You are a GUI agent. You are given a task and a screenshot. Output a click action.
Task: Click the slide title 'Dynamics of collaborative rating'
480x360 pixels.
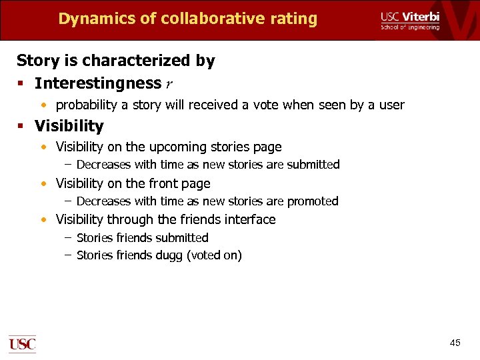click(187, 19)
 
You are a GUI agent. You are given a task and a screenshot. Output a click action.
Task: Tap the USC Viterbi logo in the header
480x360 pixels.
click(410, 20)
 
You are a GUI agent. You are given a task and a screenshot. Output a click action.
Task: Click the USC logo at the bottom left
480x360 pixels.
click(22, 343)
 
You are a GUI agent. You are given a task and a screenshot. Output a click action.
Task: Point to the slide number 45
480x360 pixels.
click(455, 343)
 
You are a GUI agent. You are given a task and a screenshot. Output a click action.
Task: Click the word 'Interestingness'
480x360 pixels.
click(98, 83)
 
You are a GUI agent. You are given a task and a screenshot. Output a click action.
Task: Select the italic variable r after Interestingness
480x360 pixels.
click(169, 84)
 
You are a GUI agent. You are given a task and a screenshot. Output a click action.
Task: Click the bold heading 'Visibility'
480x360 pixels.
click(69, 126)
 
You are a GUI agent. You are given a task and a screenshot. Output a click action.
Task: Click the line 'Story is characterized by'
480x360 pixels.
click(115, 61)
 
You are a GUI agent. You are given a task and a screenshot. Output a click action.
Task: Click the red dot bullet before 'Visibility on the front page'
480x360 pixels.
click(43, 184)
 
